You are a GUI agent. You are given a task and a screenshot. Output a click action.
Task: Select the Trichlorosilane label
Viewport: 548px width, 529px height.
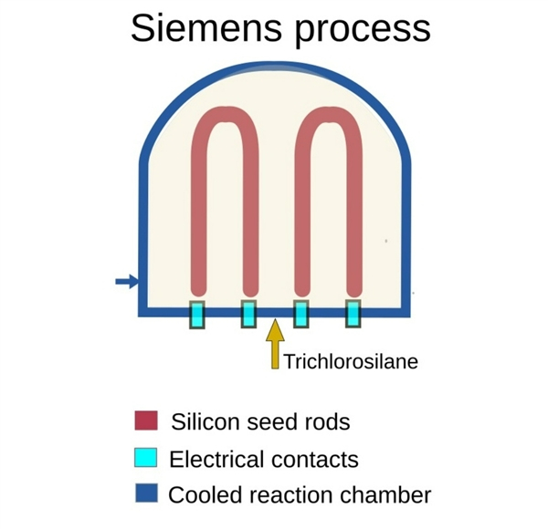coord(351,362)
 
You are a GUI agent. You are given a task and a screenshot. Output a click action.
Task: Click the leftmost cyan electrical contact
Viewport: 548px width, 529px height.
coord(196,314)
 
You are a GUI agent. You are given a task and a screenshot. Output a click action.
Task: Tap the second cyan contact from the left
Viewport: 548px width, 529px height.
coord(248,314)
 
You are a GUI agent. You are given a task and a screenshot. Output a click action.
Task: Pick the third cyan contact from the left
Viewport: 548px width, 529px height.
coord(300,314)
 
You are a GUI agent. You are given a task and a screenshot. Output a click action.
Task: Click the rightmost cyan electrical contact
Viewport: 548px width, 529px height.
coord(352,314)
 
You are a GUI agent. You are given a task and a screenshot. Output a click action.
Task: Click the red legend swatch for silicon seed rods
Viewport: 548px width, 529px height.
coord(145,421)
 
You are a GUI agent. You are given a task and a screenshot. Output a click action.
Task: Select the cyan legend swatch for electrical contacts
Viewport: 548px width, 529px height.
coord(145,457)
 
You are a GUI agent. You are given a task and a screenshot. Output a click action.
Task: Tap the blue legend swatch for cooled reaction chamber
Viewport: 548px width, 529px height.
coord(145,493)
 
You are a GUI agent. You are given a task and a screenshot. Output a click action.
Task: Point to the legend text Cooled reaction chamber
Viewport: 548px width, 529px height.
coord(300,495)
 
